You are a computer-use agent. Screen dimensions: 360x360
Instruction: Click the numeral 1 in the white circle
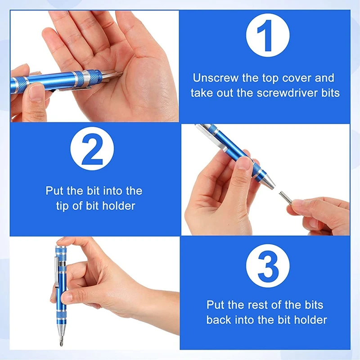266,36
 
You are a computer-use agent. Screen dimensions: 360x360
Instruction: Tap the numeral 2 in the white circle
92,149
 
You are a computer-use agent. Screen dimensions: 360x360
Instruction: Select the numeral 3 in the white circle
268,266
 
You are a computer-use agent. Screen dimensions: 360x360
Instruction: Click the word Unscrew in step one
216,78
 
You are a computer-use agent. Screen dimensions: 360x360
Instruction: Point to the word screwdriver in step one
287,93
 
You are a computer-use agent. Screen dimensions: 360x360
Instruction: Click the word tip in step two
62,206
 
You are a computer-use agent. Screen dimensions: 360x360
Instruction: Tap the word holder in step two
118,206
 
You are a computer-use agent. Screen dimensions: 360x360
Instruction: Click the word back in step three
219,320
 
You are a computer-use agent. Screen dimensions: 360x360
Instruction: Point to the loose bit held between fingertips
285,198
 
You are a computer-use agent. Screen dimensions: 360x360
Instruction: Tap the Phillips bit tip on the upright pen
61,342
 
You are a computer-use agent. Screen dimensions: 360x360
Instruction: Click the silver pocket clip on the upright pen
57,272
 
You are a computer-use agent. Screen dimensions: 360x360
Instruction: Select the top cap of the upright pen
61,250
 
